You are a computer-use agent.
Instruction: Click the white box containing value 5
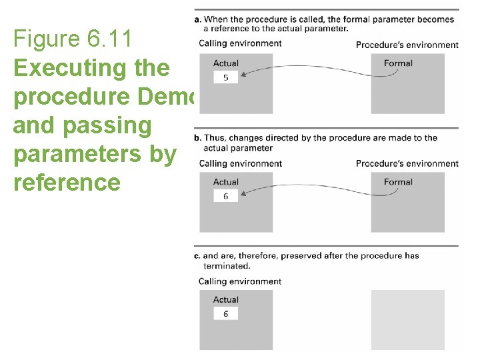pyautogui.click(x=225, y=77)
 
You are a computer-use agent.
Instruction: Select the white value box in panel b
pyautogui.click(x=225, y=196)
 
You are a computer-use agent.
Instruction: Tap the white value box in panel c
pyautogui.click(x=225, y=313)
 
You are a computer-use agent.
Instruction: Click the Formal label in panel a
pyautogui.click(x=398, y=63)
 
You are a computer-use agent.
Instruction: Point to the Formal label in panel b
pyautogui.click(x=398, y=182)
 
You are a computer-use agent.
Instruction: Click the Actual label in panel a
pyautogui.click(x=226, y=63)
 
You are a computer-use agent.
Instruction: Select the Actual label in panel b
pyautogui.click(x=226, y=182)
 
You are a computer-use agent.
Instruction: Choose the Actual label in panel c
pyautogui.click(x=226, y=300)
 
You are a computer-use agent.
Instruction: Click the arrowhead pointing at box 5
pyautogui.click(x=241, y=76)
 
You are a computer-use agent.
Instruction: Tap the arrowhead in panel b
pyautogui.click(x=241, y=195)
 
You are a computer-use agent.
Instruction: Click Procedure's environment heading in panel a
pyautogui.click(x=407, y=45)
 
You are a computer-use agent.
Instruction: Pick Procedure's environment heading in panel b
pyautogui.click(x=407, y=164)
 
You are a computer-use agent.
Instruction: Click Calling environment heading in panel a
pyautogui.click(x=240, y=44)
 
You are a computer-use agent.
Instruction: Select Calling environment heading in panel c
pyautogui.click(x=240, y=281)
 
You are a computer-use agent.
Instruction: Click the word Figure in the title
pyautogui.click(x=46, y=39)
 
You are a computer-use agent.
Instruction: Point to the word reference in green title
pyautogui.click(x=67, y=182)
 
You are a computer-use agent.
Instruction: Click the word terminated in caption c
pyautogui.click(x=227, y=266)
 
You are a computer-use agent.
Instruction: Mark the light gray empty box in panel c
pyautogui.click(x=407, y=319)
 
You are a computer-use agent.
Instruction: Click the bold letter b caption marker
pyautogui.click(x=197, y=138)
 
